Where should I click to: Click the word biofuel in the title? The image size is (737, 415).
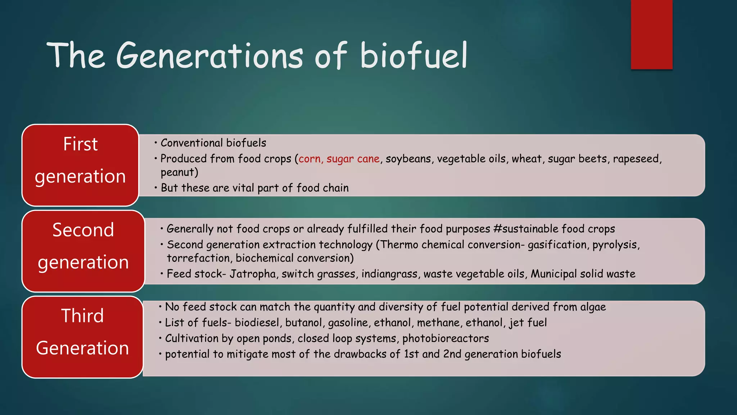414,56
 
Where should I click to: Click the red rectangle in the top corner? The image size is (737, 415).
651,34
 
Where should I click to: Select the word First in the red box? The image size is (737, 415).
80,144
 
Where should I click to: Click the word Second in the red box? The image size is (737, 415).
83,230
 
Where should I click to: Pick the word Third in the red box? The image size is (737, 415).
82,316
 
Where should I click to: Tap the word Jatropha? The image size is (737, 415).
253,274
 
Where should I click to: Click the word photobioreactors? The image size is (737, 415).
446,339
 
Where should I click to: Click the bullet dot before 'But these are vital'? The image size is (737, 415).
156,188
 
